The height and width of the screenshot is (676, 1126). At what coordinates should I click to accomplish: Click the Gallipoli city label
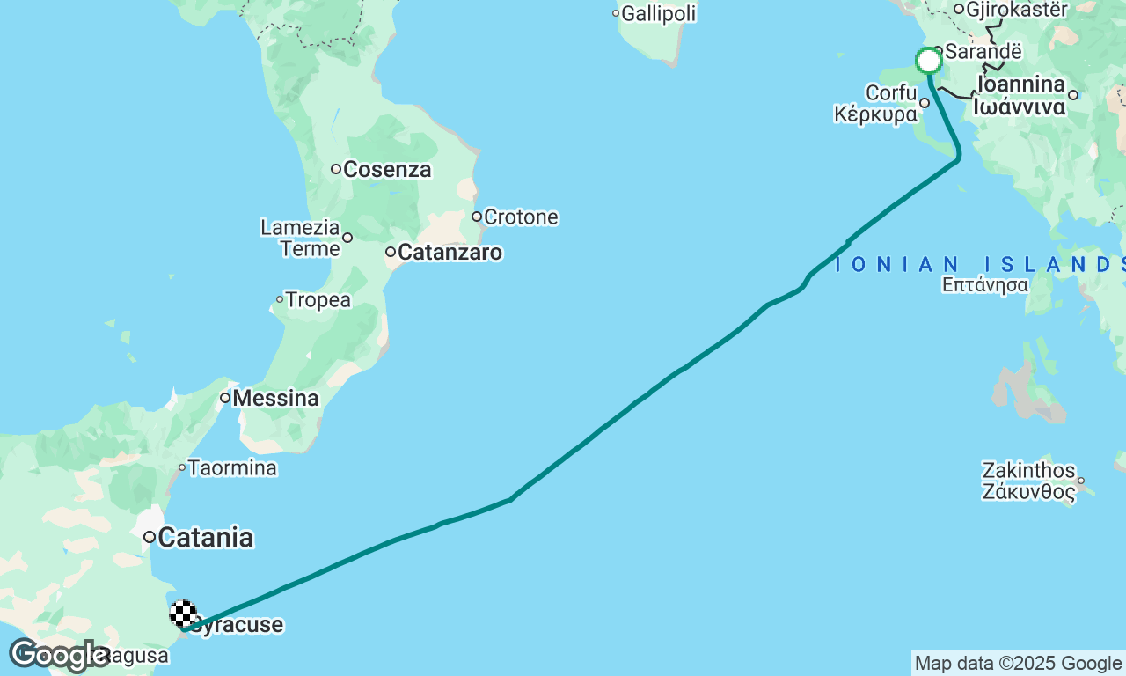pyautogui.click(x=659, y=13)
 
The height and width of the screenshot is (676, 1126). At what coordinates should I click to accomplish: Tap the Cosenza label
pyautogui.click(x=387, y=169)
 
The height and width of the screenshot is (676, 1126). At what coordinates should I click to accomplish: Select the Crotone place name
pyautogui.click(x=521, y=217)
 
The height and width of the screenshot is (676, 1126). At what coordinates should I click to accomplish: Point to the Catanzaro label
pyautogui.click(x=450, y=253)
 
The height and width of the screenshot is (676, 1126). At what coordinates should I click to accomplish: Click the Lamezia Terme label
pyautogui.click(x=300, y=238)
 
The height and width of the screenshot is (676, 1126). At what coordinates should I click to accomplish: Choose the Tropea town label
pyautogui.click(x=318, y=300)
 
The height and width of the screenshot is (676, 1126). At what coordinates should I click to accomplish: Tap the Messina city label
pyautogui.click(x=275, y=399)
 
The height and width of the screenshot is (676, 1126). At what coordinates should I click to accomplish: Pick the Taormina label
pyautogui.click(x=233, y=467)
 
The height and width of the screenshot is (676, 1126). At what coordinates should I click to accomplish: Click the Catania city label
pyautogui.click(x=206, y=537)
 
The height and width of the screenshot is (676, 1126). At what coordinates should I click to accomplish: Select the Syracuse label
pyautogui.click(x=238, y=625)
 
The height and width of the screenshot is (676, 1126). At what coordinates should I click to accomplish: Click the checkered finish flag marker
pyautogui.click(x=182, y=614)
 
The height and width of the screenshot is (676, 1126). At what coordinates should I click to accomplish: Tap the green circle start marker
pyautogui.click(x=929, y=62)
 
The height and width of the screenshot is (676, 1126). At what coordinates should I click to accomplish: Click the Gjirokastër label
pyautogui.click(x=1016, y=10)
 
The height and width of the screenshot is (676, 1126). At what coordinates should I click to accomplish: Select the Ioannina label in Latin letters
pyautogui.click(x=1020, y=84)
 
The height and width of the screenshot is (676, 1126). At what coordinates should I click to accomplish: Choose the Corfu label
pyautogui.click(x=891, y=92)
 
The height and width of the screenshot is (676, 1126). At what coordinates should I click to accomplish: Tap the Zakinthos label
pyautogui.click(x=1029, y=469)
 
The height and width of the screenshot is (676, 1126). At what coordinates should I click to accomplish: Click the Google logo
pyautogui.click(x=59, y=656)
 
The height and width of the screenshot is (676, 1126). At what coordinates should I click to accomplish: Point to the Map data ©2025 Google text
pyautogui.click(x=1018, y=664)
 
